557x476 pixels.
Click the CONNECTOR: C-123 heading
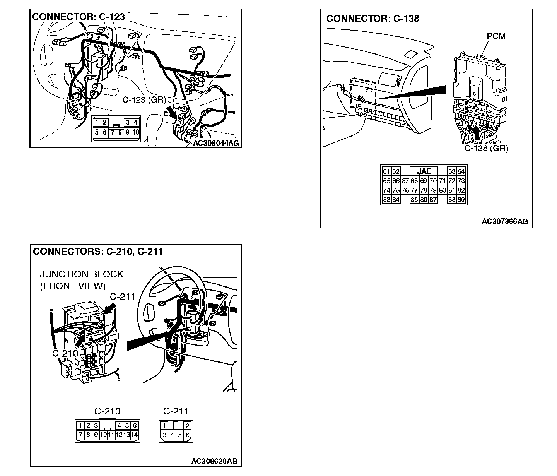[79, 17]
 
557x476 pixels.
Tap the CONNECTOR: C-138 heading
[372, 19]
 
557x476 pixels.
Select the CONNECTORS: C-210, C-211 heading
[97, 252]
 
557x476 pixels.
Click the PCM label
[496, 36]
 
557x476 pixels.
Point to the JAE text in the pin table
[424, 171]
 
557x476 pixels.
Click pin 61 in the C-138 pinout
[386, 171]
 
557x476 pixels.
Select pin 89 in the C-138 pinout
[461, 200]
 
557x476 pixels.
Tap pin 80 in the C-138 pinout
[443, 190]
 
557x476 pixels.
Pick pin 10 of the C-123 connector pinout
[135, 132]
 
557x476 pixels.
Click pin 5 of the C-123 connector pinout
[96, 132]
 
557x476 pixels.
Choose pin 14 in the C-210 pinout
[135, 435]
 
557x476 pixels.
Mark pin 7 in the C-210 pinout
[80, 435]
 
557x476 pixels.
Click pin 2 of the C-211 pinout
[188, 426]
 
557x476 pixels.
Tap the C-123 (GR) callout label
[144, 99]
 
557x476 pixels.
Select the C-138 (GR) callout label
[486, 148]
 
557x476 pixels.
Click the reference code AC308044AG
[216, 143]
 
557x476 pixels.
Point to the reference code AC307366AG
[504, 221]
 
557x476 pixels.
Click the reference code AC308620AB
[214, 461]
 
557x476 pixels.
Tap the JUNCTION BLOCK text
[82, 274]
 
